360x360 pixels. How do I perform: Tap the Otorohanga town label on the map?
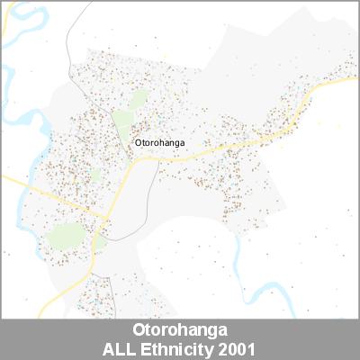tap(159, 142)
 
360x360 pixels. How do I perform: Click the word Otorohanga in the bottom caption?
tap(180, 329)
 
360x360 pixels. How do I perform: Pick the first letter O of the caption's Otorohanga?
tap(137, 329)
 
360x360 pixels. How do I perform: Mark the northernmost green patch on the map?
tap(138, 98)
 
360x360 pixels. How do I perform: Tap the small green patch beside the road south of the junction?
tap(100, 242)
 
